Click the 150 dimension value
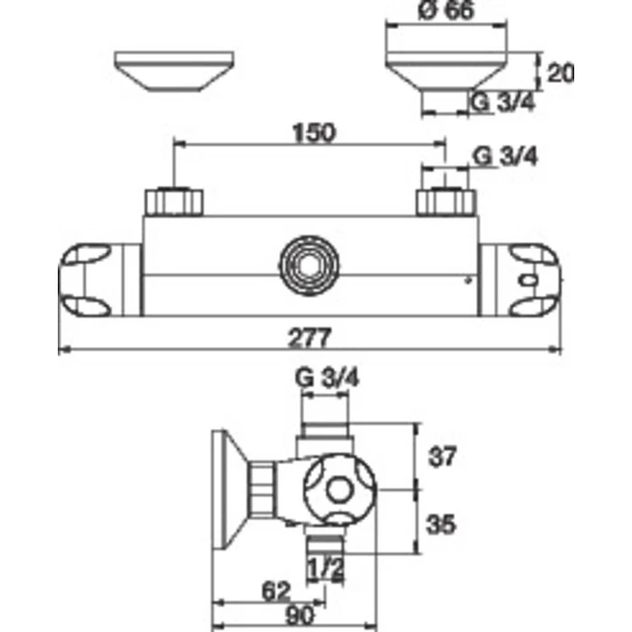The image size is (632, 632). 314,133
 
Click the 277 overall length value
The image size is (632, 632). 310,338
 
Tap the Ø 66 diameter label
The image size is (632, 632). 447,10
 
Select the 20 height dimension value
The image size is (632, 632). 561,73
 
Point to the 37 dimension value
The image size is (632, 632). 442,456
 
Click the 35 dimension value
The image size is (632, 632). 441,525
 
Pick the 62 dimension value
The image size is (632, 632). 276,591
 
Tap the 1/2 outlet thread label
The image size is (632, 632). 326,569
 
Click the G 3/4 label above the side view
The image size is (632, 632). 327,377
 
